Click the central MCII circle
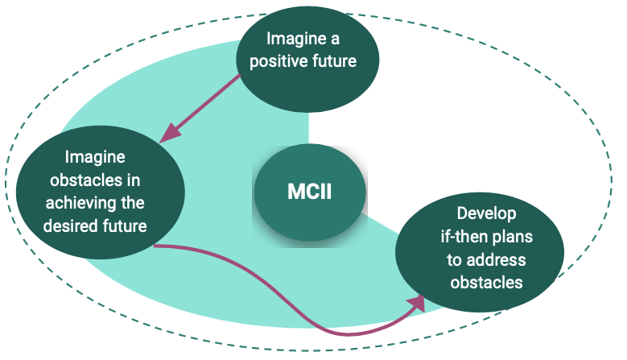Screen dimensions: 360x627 click(310, 192)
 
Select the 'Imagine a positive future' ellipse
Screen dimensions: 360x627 click(307, 61)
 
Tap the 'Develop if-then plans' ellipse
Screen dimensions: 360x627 click(485, 249)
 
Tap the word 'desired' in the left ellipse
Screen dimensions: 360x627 click(71, 225)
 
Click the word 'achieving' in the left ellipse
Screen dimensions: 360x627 click(80, 202)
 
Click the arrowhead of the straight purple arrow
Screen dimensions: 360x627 click(166, 137)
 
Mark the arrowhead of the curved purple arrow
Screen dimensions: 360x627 click(418, 301)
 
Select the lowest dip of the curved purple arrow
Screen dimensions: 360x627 click(346, 333)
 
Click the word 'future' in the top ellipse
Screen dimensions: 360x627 click(334, 61)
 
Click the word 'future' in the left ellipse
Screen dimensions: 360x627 click(122, 225)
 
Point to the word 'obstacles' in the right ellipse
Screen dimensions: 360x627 click(485, 283)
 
